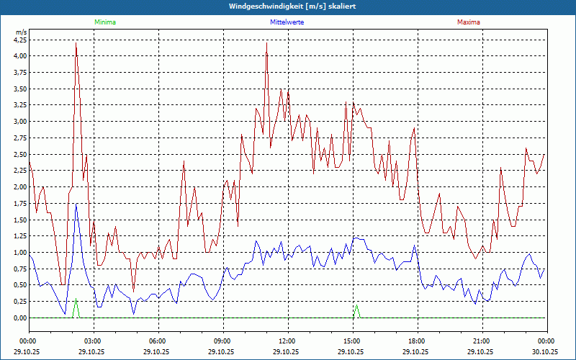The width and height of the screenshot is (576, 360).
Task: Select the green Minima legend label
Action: click(104, 22)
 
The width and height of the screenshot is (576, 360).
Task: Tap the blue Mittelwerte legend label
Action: click(287, 22)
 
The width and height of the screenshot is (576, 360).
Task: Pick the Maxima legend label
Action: click(469, 22)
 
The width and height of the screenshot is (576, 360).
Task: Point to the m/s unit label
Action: click(21, 32)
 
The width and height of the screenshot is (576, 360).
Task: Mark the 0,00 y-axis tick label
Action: click(20, 318)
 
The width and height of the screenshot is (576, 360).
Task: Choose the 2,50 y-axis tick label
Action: click(20, 154)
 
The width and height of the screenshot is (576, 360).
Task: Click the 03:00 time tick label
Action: click(93, 341)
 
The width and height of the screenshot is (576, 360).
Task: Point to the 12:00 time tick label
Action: click(287, 341)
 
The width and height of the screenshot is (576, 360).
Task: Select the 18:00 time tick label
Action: click(417, 341)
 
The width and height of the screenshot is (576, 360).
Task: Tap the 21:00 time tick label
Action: click(482, 341)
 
